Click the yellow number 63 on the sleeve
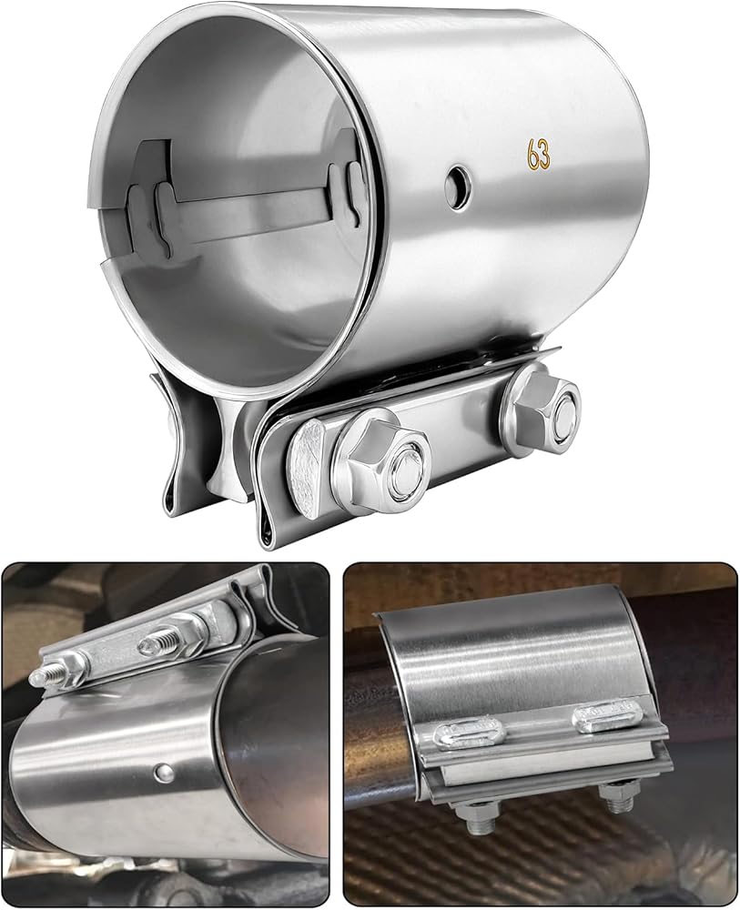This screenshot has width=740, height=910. [538, 154]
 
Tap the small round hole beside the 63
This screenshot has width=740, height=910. [458, 187]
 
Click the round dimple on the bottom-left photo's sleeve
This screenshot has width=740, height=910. [164, 772]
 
